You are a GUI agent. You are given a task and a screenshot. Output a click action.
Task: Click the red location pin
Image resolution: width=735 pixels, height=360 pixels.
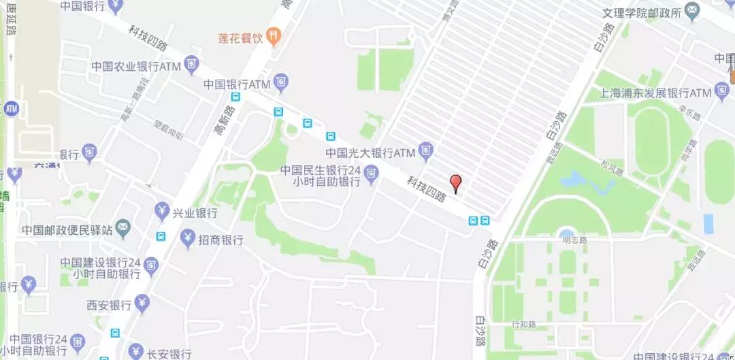pos(456,183)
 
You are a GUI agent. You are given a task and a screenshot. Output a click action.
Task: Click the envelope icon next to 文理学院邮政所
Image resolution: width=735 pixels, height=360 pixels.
pos(691,11)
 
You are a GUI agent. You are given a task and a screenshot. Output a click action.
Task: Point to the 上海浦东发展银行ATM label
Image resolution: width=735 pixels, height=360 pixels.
pos(653,93)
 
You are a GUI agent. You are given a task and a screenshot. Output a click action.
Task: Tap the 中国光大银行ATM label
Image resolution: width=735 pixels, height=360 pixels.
pos(370,152)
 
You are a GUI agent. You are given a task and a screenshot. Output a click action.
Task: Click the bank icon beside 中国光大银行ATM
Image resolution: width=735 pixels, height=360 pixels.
pos(426,150)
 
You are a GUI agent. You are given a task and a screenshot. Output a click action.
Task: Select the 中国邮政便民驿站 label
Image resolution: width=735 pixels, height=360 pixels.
pos(67,229)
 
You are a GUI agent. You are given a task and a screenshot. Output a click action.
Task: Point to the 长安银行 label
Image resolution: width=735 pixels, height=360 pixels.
pos(169,354)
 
